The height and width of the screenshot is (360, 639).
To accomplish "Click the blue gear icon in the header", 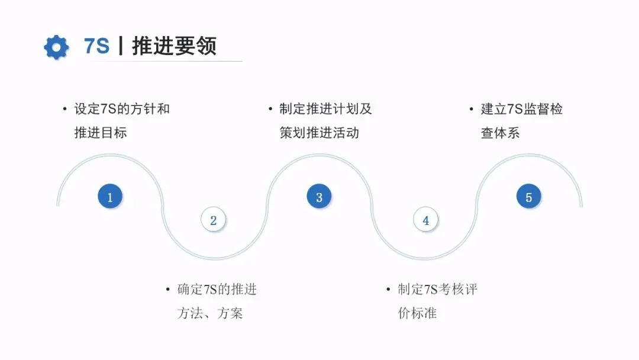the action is coord(56,47).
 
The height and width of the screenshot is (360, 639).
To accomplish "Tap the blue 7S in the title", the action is coord(97,46).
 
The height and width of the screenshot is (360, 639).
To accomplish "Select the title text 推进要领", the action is coord(174,46).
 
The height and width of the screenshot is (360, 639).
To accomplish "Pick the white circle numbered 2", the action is coord(213,220).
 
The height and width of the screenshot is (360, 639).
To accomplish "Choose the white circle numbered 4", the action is coord(425,220).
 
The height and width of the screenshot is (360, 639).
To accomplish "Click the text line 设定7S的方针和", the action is coord(122,109).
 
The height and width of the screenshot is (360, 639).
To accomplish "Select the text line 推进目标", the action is coord(101,133).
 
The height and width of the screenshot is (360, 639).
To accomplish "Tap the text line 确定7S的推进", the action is coord(217,290).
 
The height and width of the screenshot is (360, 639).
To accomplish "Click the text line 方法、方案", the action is coord(210,313).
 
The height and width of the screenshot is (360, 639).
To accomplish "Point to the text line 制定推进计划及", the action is coord(326,109).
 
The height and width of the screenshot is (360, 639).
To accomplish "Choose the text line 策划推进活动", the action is coord(319,133).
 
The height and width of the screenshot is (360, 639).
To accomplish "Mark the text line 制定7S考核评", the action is coord(438,290).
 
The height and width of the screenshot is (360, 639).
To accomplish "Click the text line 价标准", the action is coord(418,313).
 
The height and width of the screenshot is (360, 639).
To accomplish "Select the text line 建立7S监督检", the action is coord(522,109).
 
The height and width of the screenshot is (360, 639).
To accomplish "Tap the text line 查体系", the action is coord(501,133).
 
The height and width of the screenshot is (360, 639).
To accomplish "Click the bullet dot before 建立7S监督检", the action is coord(472,110).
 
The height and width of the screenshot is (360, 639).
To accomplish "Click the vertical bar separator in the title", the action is coord(121,46).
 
